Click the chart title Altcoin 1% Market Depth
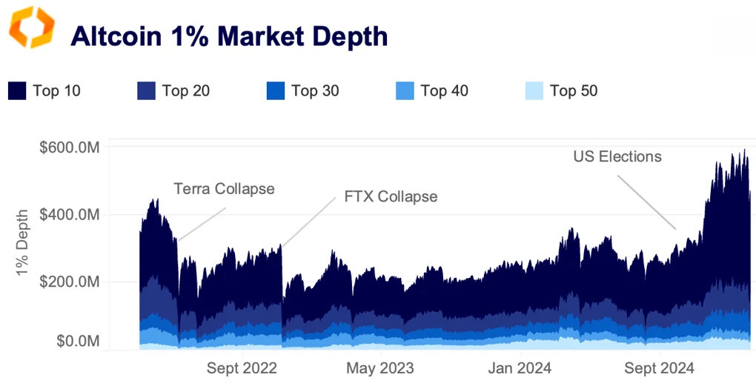click(229, 36)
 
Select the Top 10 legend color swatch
click(17, 91)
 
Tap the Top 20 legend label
click(185, 91)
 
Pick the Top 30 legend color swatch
click(275, 91)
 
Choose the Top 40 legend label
click(444, 91)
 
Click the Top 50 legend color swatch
click(534, 91)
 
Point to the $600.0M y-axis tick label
click(70, 147)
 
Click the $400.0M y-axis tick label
click(70, 215)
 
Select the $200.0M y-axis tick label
click(70, 282)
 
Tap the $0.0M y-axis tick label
click(77, 342)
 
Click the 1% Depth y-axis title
click(24, 246)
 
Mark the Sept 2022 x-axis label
click(242, 368)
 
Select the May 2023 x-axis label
click(380, 368)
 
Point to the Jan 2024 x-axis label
click(519, 368)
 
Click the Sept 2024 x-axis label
click(658, 368)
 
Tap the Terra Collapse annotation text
click(224, 189)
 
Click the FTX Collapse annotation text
click(391, 197)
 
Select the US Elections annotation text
click(617, 157)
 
